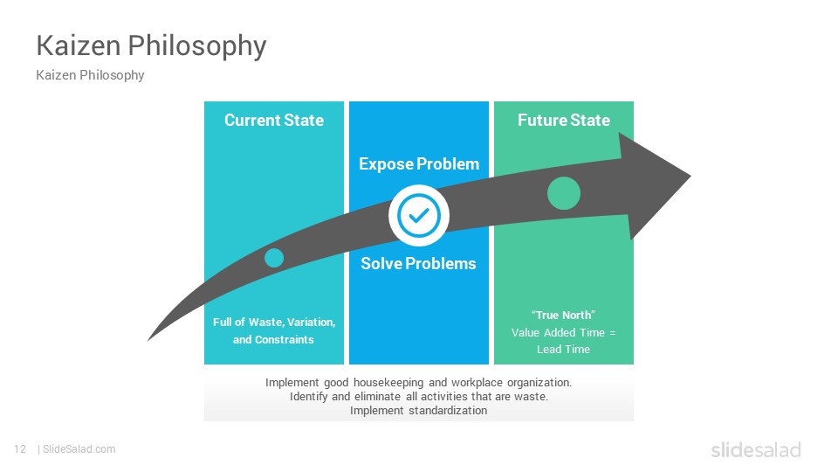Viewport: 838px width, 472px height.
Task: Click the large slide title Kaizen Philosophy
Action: tap(151, 46)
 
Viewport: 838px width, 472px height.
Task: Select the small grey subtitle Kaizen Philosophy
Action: tap(90, 75)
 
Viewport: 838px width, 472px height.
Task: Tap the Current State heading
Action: tap(274, 120)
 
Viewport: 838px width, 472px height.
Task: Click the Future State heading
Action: tap(564, 120)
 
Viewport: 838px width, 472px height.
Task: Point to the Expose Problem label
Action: tap(419, 163)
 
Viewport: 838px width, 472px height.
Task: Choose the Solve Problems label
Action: tap(418, 263)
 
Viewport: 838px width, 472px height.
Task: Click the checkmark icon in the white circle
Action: tap(419, 216)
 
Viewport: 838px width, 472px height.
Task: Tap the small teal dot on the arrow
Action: tap(274, 258)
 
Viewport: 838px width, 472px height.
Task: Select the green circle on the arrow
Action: tap(564, 193)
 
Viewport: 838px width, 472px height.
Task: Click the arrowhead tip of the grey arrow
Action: tap(690, 176)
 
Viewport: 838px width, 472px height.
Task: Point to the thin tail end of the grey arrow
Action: tap(148, 340)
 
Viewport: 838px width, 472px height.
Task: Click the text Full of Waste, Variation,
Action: tap(274, 323)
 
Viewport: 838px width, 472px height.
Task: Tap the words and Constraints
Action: tap(273, 339)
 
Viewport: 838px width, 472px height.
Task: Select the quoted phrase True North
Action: tap(563, 316)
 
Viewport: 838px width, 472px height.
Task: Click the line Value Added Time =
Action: tap(563, 332)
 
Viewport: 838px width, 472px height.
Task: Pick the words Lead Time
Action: tap(563, 350)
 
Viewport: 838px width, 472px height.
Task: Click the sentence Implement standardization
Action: tap(418, 411)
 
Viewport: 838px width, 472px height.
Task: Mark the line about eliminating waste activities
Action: tap(419, 397)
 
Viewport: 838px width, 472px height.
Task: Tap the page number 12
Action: tap(20, 449)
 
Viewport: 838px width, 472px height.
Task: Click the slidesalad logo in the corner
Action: tap(756, 449)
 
